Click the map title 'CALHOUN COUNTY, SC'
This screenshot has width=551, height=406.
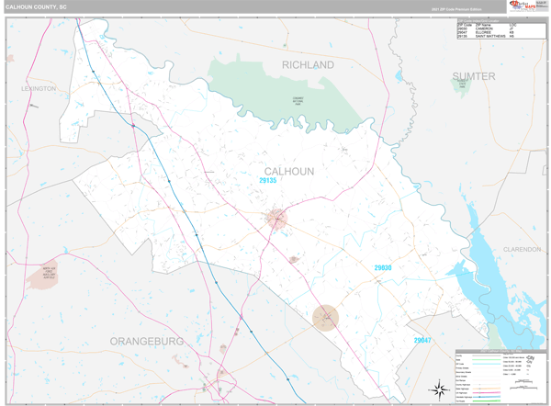[37, 6]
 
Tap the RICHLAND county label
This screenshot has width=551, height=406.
[308, 65]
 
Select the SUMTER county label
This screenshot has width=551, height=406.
[473, 75]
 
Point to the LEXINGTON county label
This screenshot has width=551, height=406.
[39, 89]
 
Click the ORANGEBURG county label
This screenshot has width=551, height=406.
[147, 341]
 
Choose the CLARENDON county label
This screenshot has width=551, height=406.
[522, 249]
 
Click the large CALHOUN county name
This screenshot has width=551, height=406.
[289, 172]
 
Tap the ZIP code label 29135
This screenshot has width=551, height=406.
[267, 181]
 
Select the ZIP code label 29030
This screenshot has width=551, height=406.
[382, 267]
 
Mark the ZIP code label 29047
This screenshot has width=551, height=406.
[422, 340]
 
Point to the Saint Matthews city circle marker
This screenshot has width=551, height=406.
[276, 219]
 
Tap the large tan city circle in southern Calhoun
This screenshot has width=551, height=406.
[324, 318]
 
